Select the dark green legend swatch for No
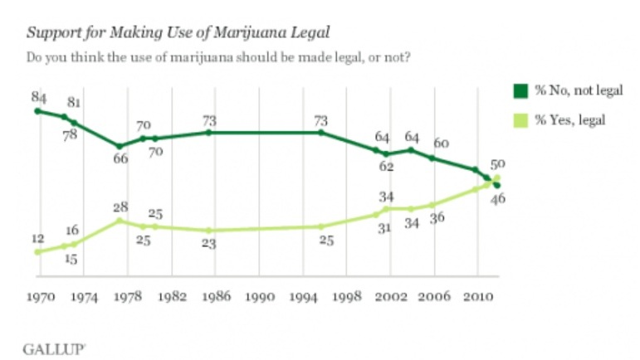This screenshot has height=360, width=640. point(520,90)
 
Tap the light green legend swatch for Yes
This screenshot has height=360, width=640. point(520,120)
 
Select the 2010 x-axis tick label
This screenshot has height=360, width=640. point(476,296)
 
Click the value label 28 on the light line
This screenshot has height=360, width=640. point(121,207)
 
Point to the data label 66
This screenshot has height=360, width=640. point(120,158)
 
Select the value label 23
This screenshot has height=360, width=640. point(208,244)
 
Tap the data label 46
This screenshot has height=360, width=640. point(498,197)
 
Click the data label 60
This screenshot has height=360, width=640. point(441,144)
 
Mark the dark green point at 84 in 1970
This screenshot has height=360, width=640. point(37,110)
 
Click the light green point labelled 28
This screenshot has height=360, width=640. point(120,221)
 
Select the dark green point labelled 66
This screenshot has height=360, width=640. point(120,146)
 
